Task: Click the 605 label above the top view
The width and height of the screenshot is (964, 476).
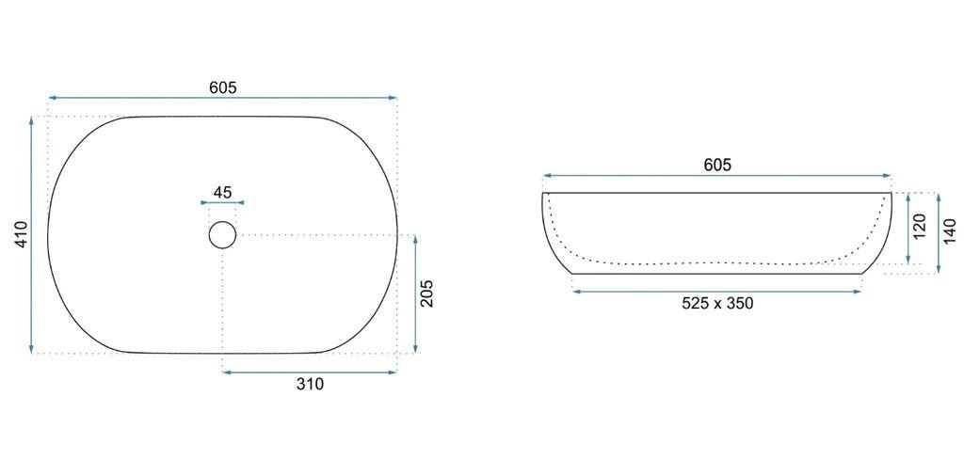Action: (222, 87)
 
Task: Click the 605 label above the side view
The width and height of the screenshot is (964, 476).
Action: (716, 166)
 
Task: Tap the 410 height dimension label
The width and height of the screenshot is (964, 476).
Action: (22, 234)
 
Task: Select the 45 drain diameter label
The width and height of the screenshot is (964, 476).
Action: (222, 192)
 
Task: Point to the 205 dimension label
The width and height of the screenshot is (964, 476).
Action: (427, 294)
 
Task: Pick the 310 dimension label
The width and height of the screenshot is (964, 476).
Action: (310, 385)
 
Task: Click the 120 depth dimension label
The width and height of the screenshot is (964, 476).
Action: (920, 227)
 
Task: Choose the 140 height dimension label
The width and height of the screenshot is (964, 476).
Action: (950, 231)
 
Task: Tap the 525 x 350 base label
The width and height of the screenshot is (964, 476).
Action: (716, 303)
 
